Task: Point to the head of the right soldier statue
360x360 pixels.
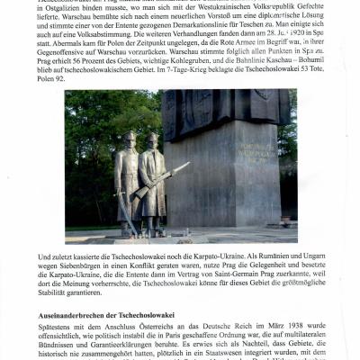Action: [x=154, y=139]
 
